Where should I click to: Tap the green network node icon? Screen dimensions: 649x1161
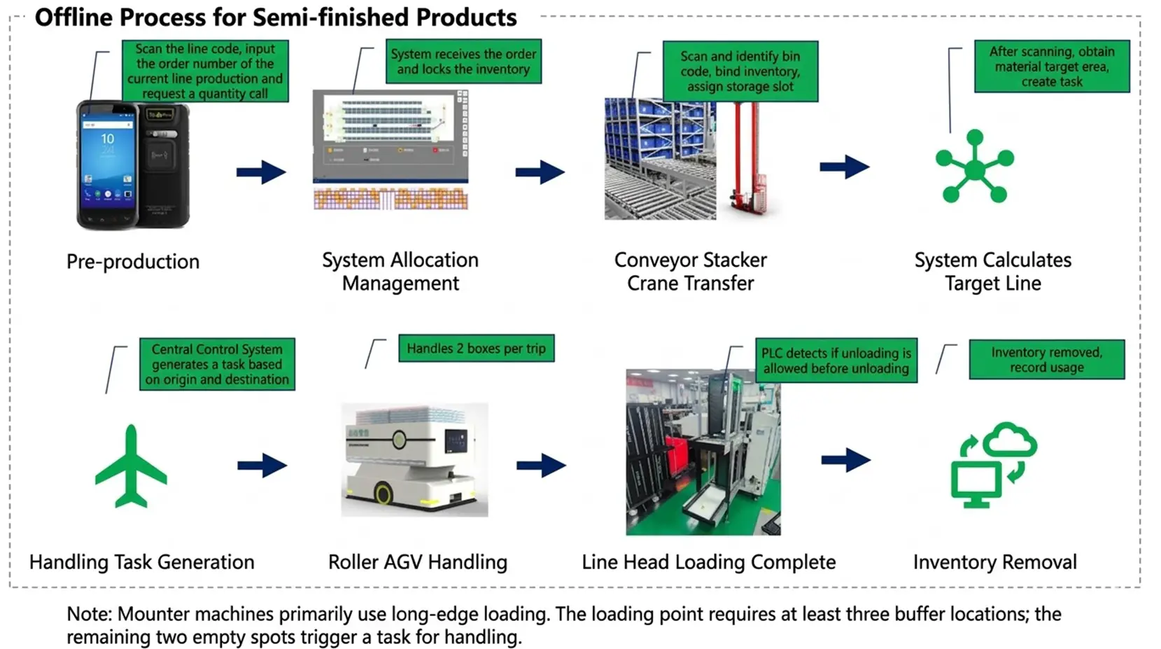(974, 167)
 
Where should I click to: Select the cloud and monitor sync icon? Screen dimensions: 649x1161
(993, 464)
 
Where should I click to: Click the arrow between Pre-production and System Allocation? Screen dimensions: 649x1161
(261, 172)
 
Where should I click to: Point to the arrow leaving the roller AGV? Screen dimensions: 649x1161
(541, 465)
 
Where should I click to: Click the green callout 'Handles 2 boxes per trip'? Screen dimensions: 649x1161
(476, 349)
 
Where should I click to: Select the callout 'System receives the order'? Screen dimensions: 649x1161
(463, 62)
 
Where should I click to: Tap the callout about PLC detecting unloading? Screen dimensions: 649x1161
(836, 361)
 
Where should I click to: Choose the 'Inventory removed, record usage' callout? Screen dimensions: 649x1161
(1046, 360)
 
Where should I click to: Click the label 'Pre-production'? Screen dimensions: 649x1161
(133, 262)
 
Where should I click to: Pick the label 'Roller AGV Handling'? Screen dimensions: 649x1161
(418, 562)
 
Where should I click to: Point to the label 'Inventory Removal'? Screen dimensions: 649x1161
(994, 562)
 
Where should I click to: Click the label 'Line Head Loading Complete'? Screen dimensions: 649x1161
(708, 562)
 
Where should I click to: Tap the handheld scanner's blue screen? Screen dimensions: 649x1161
(107, 162)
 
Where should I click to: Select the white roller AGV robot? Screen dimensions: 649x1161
(414, 459)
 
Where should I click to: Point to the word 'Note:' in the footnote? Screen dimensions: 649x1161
(89, 614)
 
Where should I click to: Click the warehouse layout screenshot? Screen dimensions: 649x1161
(390, 149)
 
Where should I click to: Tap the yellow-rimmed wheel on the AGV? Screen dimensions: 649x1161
(383, 494)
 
